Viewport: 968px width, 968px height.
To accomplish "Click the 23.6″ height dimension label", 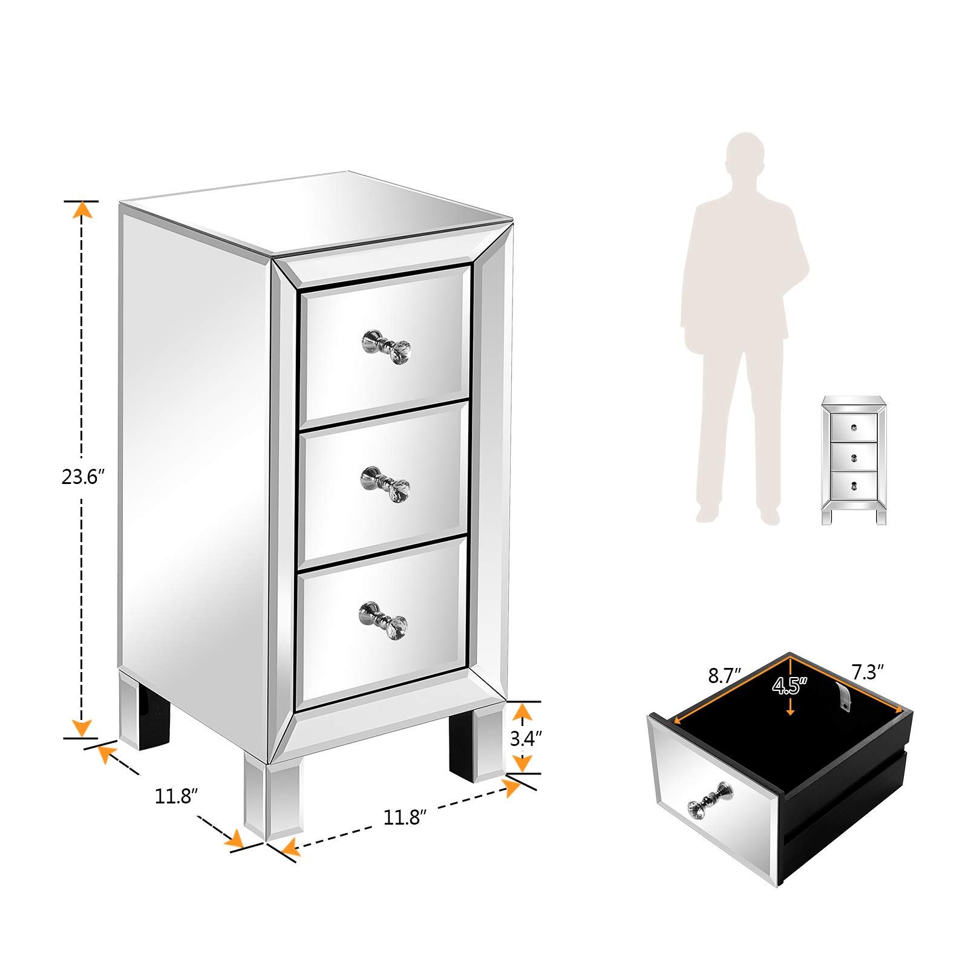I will (x=83, y=477).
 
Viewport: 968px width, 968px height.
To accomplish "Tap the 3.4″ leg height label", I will (x=525, y=739).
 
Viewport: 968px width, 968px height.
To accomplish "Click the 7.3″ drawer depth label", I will (x=868, y=672).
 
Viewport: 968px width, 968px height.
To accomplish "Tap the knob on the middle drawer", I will (x=386, y=484).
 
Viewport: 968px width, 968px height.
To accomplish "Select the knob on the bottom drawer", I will (x=384, y=620).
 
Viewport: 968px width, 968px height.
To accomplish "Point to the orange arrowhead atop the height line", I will (x=82, y=209).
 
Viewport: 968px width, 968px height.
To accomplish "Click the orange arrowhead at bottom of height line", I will (x=82, y=728).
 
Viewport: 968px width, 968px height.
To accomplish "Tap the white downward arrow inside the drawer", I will (x=790, y=707).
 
